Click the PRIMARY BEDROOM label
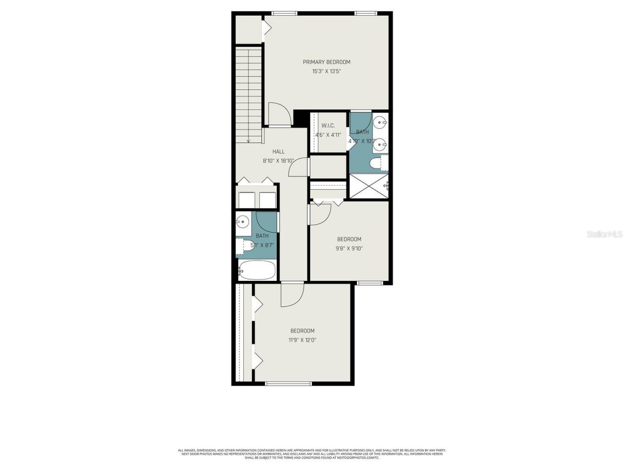(x=326, y=62)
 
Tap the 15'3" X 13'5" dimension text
(x=326, y=71)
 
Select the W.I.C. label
(x=328, y=126)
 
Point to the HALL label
(x=278, y=152)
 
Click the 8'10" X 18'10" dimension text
(x=278, y=160)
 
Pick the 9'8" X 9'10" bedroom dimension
(x=349, y=248)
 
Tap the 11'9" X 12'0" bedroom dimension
(x=302, y=340)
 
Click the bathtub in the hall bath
(x=257, y=271)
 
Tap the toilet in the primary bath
(x=377, y=164)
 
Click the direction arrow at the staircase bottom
(x=249, y=140)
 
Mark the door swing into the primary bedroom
(x=280, y=114)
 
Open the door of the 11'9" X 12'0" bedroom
(x=292, y=295)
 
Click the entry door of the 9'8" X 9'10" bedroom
(x=320, y=214)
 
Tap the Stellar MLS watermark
(x=604, y=234)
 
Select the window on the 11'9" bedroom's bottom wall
(x=288, y=384)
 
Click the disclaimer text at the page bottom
(x=312, y=454)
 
